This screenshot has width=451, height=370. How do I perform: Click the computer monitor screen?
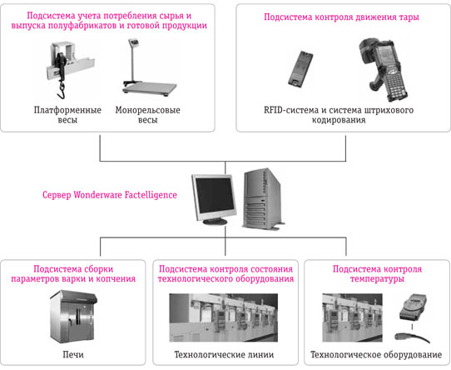coord(215,196)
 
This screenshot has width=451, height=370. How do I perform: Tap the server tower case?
coord(262,198)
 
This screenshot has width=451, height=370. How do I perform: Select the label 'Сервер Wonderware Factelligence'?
coord(110,195)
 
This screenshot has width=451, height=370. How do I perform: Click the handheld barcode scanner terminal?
coord(384,70)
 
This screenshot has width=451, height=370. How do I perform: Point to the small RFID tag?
coord(300,69)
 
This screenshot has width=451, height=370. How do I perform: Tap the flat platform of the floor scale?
coord(150,87)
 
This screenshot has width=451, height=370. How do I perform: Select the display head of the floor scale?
coord(132,42)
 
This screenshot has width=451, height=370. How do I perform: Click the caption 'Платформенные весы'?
coord(67,115)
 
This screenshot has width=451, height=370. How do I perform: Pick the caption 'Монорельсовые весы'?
coord(148,115)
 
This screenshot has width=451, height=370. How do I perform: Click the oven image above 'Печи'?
coord(73,317)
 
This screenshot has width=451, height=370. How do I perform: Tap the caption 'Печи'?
coord(73,354)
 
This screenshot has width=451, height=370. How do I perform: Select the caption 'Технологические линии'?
coord(224,354)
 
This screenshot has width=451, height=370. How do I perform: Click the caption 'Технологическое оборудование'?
coord(376,354)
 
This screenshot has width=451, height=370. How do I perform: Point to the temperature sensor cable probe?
coord(412,337)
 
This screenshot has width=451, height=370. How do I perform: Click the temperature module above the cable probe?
coord(413,306)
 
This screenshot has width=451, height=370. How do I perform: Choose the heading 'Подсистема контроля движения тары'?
coord(341,17)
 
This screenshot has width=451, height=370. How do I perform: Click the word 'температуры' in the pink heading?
coord(377,278)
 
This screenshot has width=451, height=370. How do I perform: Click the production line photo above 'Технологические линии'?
coord(224,317)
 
